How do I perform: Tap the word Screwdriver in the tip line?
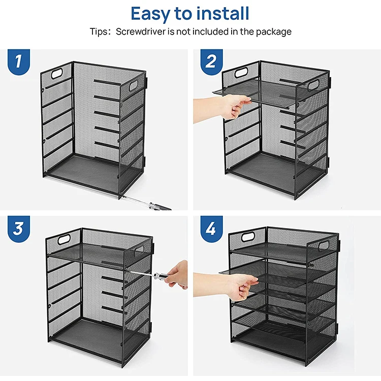coord(144,31)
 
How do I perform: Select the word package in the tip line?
coord(273,31)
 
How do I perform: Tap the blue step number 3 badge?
coord(18,229)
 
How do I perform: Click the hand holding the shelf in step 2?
coord(234,106)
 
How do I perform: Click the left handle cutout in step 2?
coord(242,73)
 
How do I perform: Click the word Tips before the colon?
coord(99,31)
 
